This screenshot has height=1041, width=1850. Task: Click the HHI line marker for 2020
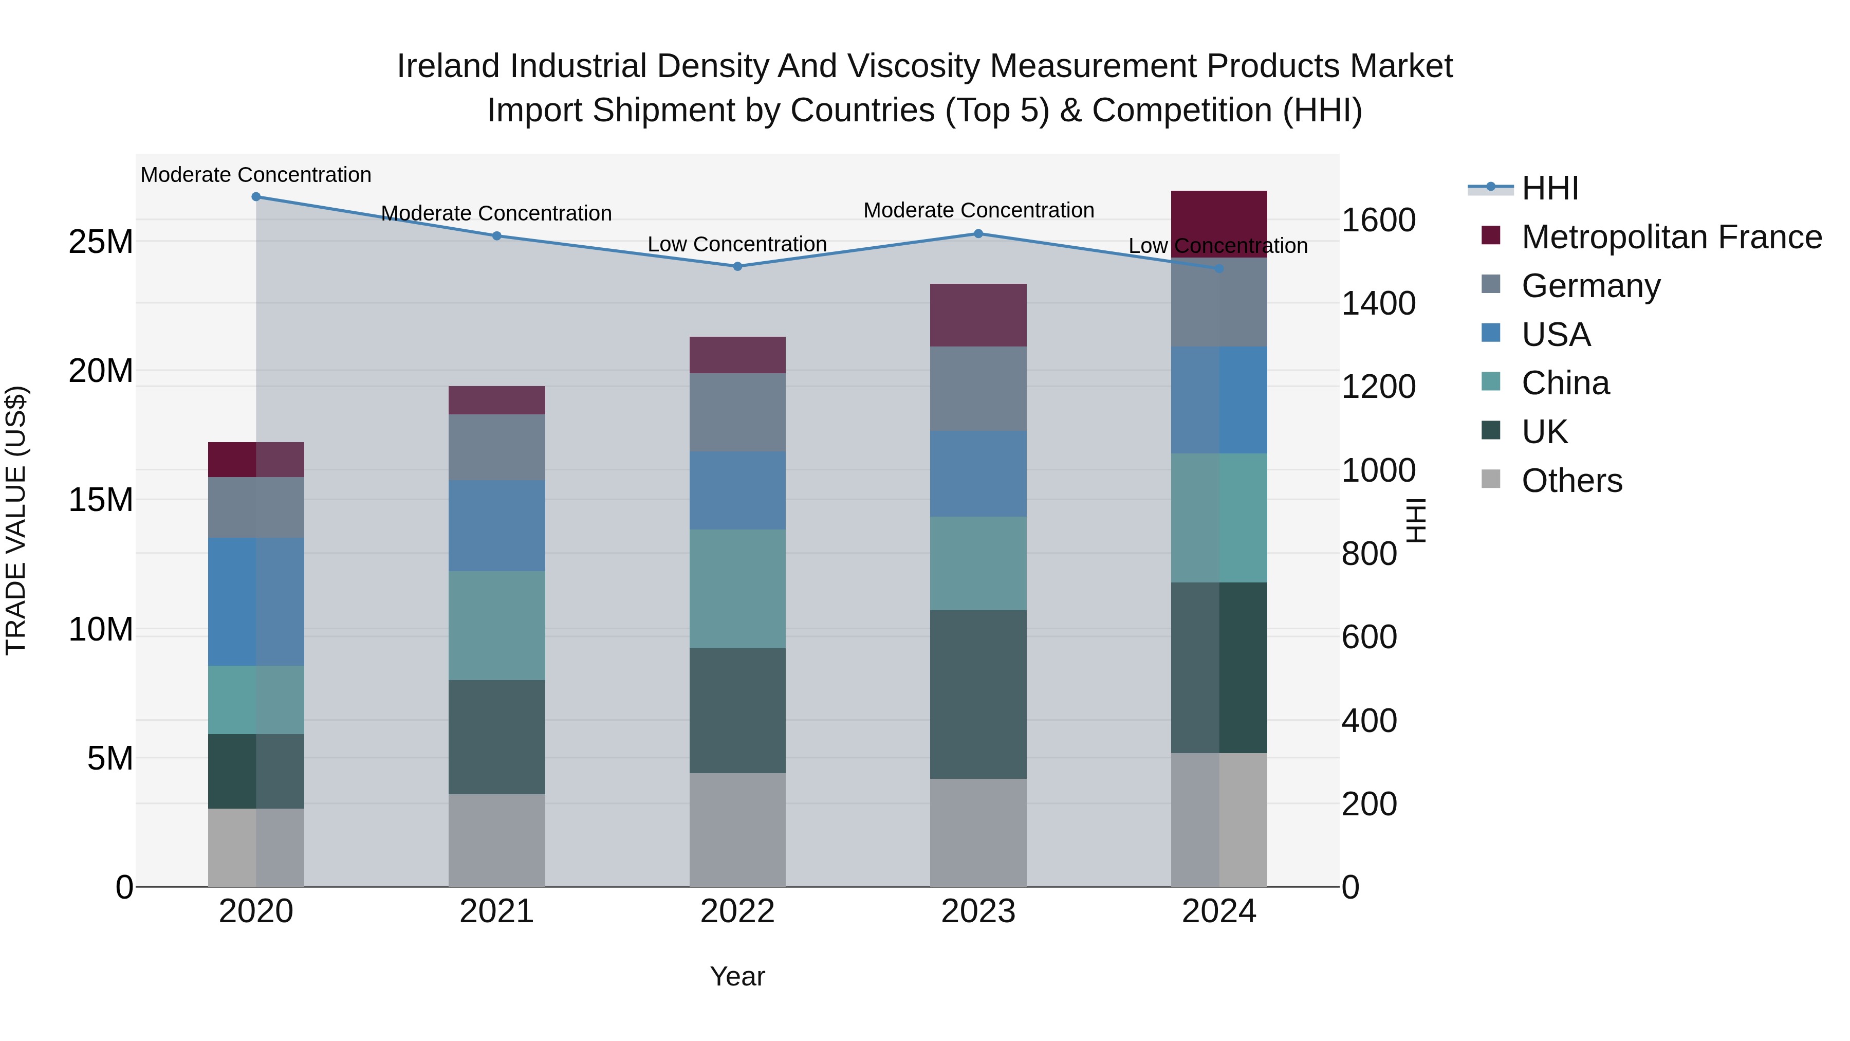(256, 197)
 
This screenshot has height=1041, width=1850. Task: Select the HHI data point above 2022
(737, 266)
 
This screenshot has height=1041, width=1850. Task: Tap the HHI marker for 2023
(978, 233)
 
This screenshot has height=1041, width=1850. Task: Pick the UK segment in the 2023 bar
(978, 694)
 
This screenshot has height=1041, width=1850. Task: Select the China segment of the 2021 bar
(496, 625)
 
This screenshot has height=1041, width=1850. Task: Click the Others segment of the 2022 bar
(737, 829)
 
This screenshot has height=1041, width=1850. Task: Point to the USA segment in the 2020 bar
(256, 601)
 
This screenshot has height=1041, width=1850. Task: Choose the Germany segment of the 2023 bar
(978, 389)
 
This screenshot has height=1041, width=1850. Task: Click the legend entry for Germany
(1590, 286)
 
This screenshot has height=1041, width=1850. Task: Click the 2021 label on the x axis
(496, 911)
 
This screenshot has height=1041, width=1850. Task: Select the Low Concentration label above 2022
(737, 244)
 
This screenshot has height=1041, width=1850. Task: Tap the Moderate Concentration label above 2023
(978, 210)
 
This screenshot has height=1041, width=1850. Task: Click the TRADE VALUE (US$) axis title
(16, 520)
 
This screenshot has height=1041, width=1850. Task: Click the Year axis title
(737, 976)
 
